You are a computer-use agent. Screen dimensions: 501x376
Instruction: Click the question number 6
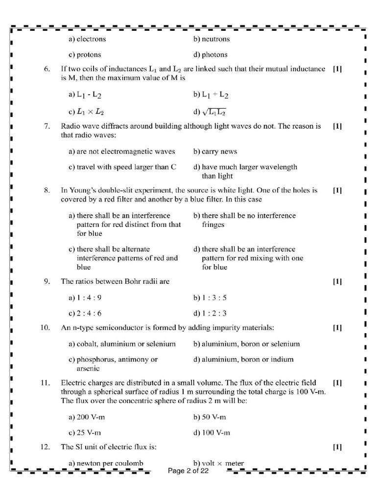pos(47,69)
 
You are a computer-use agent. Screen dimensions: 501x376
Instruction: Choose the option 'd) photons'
pos(211,54)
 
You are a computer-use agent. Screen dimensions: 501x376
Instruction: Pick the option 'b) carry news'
pos(216,152)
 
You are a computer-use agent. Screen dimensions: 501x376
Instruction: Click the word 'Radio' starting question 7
pos(70,126)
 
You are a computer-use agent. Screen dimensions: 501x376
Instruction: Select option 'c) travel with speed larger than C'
pos(122,167)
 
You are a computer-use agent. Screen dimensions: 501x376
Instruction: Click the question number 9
pos(47,281)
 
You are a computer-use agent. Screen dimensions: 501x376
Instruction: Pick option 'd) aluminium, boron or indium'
pos(243,359)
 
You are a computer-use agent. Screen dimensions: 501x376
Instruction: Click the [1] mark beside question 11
pos(337,383)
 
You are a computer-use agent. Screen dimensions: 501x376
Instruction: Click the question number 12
pos(46,447)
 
